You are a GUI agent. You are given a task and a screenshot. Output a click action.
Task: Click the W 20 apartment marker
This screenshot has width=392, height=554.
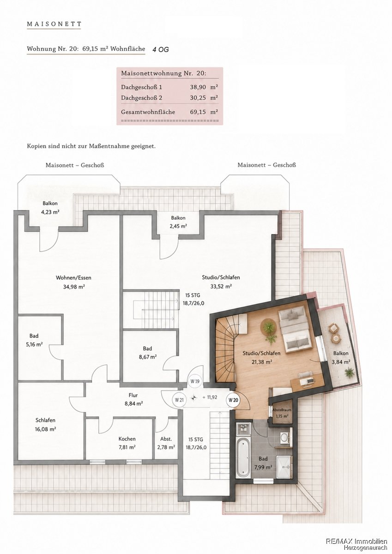(x=233, y=400)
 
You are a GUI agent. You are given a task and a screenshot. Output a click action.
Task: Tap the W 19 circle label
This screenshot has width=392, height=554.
(x=195, y=381)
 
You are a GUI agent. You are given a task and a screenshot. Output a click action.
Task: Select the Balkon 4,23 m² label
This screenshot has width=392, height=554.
(x=50, y=207)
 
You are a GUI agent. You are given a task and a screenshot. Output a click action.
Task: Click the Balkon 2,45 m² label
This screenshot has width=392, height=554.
(x=178, y=222)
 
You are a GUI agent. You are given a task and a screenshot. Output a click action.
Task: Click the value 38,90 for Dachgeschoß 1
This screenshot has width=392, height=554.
(x=198, y=87)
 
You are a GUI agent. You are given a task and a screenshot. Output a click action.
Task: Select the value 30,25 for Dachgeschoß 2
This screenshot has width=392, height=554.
(x=198, y=98)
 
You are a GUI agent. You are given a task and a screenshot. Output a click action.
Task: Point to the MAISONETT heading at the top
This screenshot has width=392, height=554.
(x=54, y=24)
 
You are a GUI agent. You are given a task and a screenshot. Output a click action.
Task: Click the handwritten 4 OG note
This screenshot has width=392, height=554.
(x=161, y=49)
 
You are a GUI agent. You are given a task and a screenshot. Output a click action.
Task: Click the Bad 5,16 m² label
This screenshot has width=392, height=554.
(x=34, y=340)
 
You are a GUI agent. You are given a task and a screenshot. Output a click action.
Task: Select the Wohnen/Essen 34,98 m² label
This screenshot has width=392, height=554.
(x=73, y=282)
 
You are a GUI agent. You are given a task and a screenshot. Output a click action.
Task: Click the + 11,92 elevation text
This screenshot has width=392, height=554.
(x=210, y=397)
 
